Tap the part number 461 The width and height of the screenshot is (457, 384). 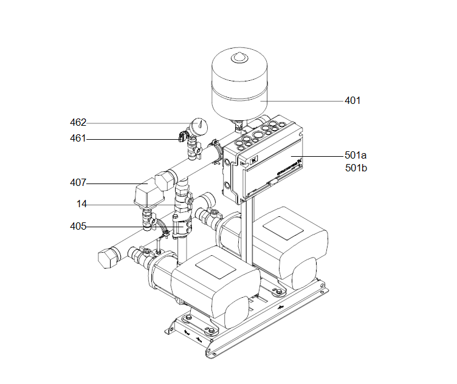78,139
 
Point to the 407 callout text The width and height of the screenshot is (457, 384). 78,182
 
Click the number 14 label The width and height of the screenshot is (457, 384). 81,204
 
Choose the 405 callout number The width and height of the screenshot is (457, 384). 78,227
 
